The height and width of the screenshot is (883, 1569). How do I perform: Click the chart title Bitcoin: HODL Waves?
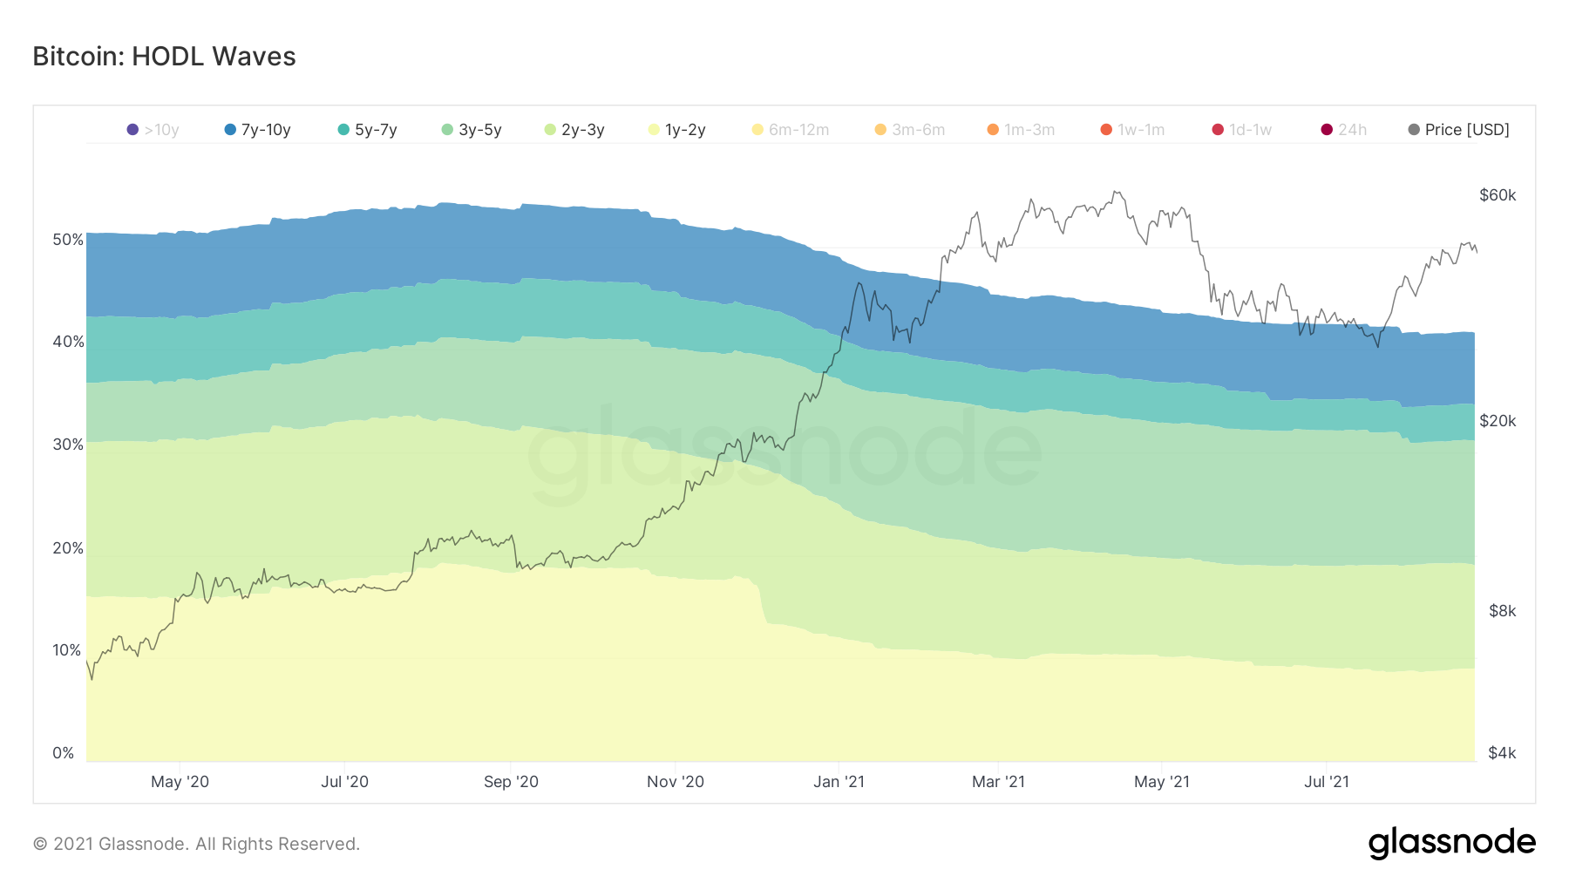164,57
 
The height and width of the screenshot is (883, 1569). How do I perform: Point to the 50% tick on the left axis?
68,240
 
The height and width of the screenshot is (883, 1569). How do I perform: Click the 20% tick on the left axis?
68,548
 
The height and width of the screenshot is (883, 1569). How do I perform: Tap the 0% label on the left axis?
64,753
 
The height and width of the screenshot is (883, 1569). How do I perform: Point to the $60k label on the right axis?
1498,195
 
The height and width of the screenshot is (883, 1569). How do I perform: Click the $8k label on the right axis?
1502,611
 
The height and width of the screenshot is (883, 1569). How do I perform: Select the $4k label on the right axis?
1502,753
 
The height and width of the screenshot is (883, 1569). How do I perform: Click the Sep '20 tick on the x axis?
511,782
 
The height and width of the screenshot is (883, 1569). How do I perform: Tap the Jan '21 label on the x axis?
839,782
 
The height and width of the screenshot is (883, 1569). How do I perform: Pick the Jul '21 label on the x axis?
1326,782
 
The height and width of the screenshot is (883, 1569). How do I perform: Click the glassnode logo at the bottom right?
1451,843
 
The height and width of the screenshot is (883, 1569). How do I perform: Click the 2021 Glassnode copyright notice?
196,844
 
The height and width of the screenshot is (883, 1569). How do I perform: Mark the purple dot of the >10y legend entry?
132,130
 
